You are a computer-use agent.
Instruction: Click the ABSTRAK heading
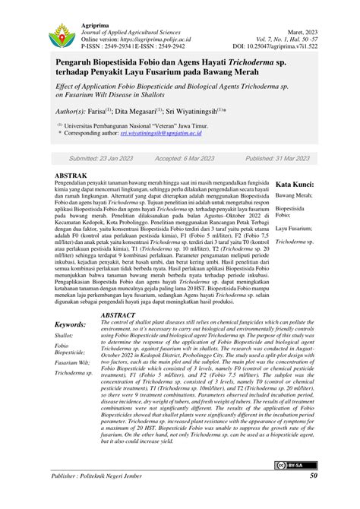pyautogui.click(x=71, y=175)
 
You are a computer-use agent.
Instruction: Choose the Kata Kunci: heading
pyautogui.click(x=295, y=185)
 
